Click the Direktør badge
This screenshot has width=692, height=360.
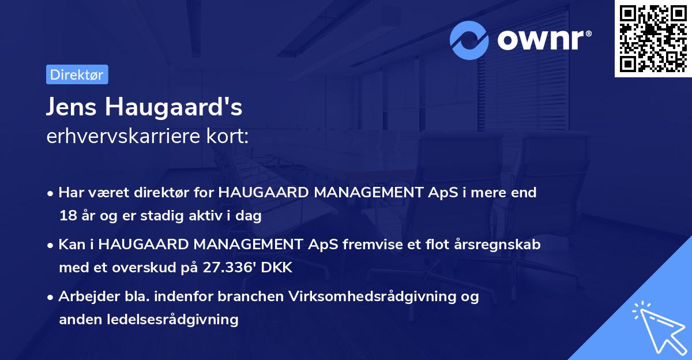point(77,74)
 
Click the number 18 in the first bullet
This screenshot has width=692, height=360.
point(67,216)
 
